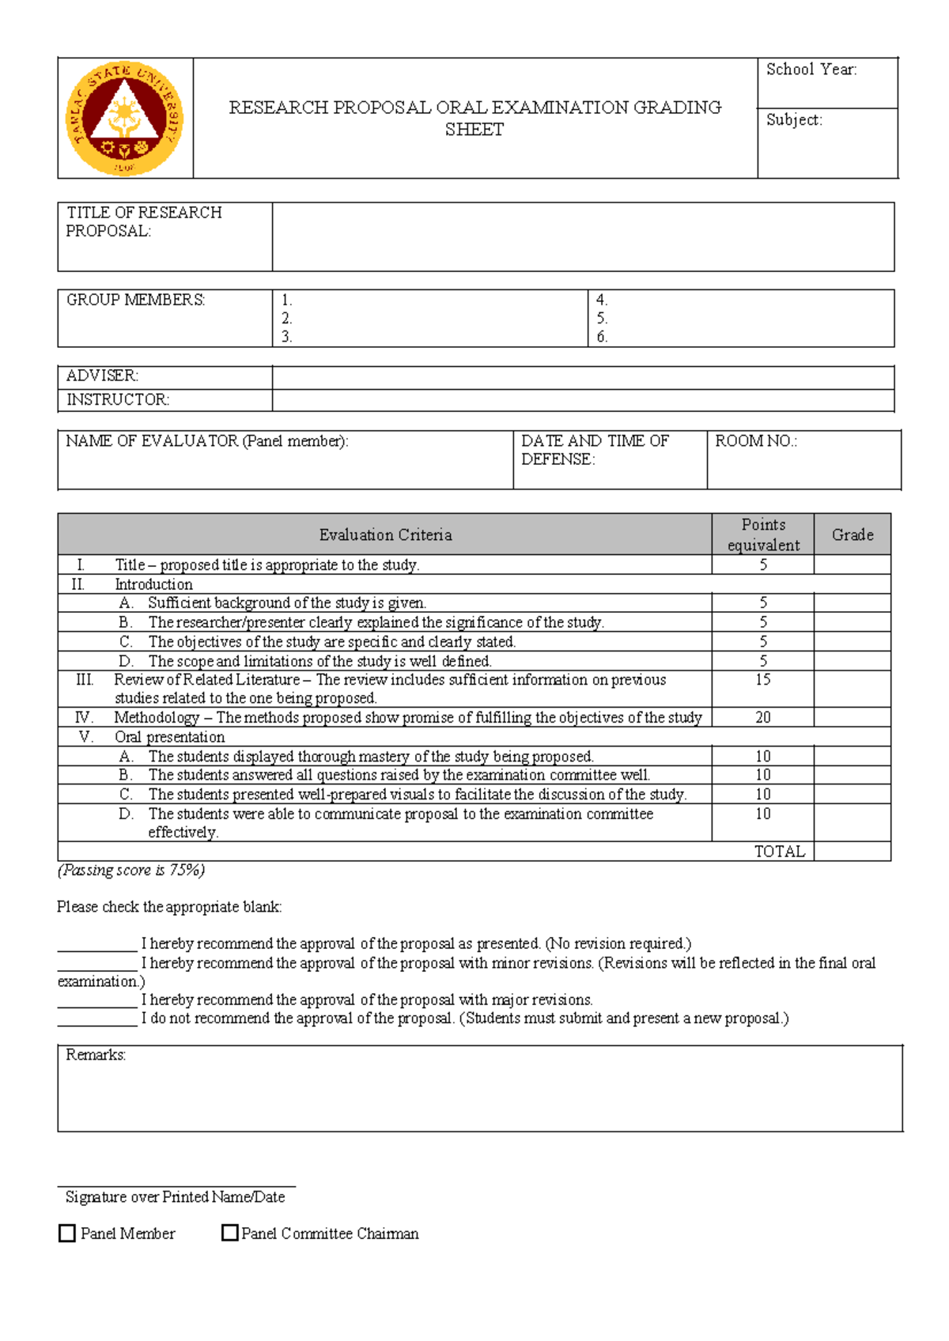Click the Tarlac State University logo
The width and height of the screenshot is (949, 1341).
tap(124, 119)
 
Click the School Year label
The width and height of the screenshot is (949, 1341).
tap(811, 70)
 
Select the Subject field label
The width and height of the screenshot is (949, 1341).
tap(794, 120)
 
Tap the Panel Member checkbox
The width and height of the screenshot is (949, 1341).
tap(67, 1233)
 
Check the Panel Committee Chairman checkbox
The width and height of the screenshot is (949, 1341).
tap(230, 1233)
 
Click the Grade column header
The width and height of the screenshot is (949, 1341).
tap(853, 535)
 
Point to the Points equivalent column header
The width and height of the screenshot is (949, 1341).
tap(763, 535)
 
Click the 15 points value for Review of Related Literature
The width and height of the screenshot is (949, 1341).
tap(763, 680)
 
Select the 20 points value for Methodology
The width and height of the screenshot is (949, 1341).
tap(763, 717)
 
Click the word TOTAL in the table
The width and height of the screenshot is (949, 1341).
tap(779, 852)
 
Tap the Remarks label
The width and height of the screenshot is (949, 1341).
tap(96, 1055)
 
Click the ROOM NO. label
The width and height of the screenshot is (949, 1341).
tap(755, 441)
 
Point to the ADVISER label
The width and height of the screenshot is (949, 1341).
tap(102, 376)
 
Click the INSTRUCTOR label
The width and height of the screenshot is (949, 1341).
tap(117, 399)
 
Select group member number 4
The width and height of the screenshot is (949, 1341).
tap(602, 300)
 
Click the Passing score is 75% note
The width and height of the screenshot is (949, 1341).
tap(131, 871)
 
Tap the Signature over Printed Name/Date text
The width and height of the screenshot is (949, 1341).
tap(175, 1197)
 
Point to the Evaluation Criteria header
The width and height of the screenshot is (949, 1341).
tap(385, 535)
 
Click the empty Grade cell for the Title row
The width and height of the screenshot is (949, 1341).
tap(853, 565)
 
